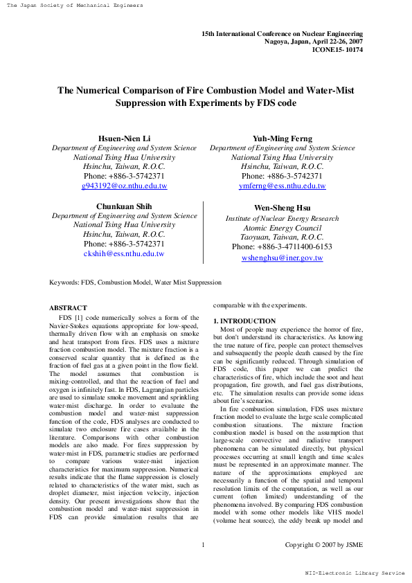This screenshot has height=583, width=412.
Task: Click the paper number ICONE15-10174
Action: pyautogui.click(x=337, y=50)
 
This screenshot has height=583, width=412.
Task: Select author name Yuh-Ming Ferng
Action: pyautogui.click(x=282, y=138)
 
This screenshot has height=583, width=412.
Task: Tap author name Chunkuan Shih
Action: pyautogui.click(x=124, y=206)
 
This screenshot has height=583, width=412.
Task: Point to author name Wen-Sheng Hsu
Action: pyautogui.click(x=282, y=208)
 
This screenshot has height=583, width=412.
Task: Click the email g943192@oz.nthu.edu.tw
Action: pyautogui.click(x=124, y=186)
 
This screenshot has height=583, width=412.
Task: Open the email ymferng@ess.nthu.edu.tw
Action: pyautogui.click(x=282, y=186)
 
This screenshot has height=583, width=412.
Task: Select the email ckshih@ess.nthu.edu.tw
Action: pyautogui.click(x=124, y=254)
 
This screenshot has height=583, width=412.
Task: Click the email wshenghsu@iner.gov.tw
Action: pyautogui.click(x=282, y=258)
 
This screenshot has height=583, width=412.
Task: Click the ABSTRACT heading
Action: pyautogui.click(x=68, y=307)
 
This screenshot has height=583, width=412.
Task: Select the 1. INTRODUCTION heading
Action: pyautogui.click(x=244, y=321)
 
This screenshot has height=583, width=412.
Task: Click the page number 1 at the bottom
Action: pyautogui.click(x=203, y=545)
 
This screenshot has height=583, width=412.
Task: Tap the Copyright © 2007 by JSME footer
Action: pyautogui.click(x=323, y=545)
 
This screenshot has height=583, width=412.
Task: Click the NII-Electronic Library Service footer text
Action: pyautogui.click(x=355, y=573)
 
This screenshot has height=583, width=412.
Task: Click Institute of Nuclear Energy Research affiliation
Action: pyautogui.click(x=282, y=219)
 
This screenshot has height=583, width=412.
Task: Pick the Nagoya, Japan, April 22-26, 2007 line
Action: pyautogui.click(x=314, y=42)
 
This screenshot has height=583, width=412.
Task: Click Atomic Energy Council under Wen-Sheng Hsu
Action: pyautogui.click(x=282, y=228)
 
